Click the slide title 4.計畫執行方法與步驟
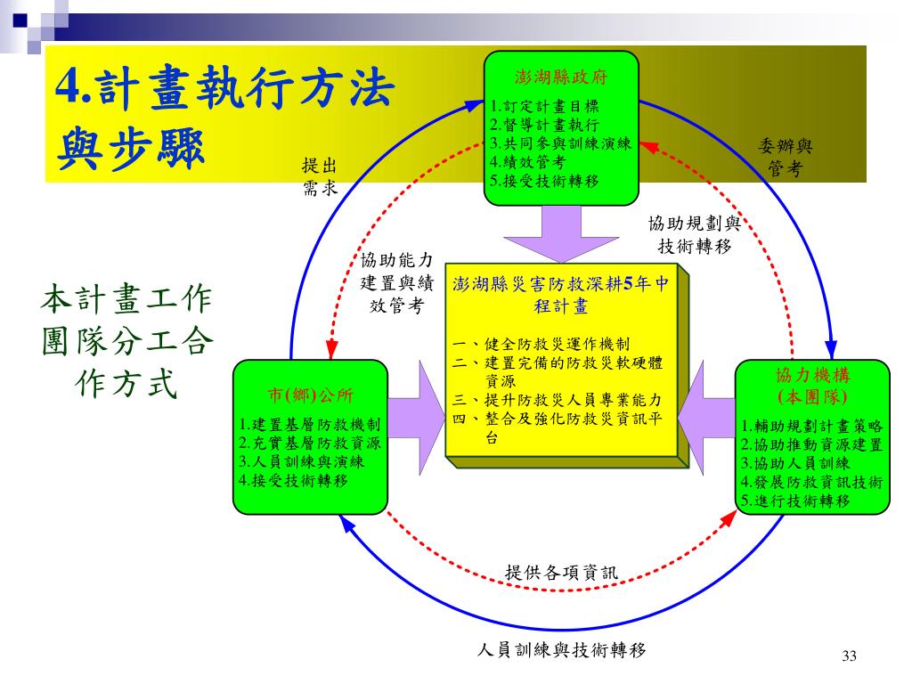pyautogui.click(x=223, y=116)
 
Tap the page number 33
pyautogui.click(x=848, y=656)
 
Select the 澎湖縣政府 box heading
pyautogui.click(x=561, y=77)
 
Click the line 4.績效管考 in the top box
pyautogui.click(x=528, y=162)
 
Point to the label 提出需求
pyautogui.click(x=320, y=175)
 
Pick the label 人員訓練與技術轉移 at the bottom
pyautogui.click(x=561, y=649)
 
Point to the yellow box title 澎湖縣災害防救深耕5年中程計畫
pyautogui.click(x=560, y=295)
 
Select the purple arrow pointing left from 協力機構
pyautogui.click(x=708, y=411)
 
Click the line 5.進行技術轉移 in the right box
pyautogui.click(x=795, y=501)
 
